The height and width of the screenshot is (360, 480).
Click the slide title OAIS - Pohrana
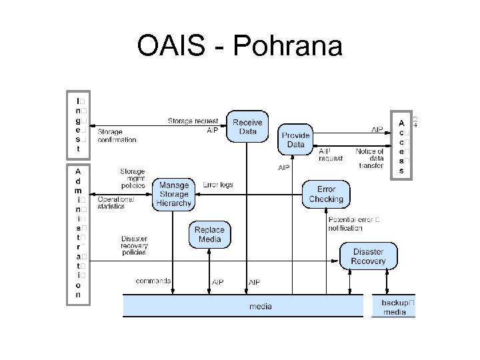pyautogui.click(x=239, y=47)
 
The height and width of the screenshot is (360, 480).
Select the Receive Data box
pyautogui.click(x=247, y=127)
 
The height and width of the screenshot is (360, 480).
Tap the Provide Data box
pyautogui.click(x=295, y=140)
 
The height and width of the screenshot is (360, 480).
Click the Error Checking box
pyautogui.click(x=326, y=194)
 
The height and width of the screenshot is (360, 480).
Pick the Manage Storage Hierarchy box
pyautogui.click(x=175, y=194)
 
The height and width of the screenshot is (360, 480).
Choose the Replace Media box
pyautogui.click(x=209, y=235)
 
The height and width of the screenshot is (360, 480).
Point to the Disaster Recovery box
pyautogui.click(x=368, y=257)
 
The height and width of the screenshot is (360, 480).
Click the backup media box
pyautogui.click(x=393, y=307)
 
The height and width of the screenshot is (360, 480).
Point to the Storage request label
pyautogui.click(x=193, y=121)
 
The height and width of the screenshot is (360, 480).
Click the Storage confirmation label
pyautogui.click(x=117, y=136)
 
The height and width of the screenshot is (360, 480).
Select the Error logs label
pyautogui.click(x=217, y=185)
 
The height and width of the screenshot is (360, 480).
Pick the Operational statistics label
pyautogui.click(x=116, y=203)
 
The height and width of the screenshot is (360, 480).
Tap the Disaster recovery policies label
pyautogui.click(x=134, y=246)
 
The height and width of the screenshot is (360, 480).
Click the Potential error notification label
pyautogui.click(x=353, y=223)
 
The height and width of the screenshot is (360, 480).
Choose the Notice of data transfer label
pyautogui.click(x=369, y=159)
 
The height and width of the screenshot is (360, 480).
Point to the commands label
pyautogui.click(x=153, y=281)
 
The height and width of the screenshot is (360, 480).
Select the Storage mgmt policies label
pyautogui.click(x=132, y=179)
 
